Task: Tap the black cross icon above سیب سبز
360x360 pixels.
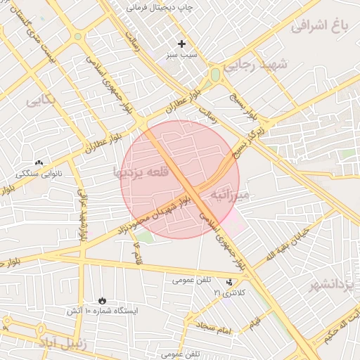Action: coord(182,44)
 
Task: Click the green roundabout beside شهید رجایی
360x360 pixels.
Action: coord(215,74)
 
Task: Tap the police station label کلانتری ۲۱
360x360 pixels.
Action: coord(230,292)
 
